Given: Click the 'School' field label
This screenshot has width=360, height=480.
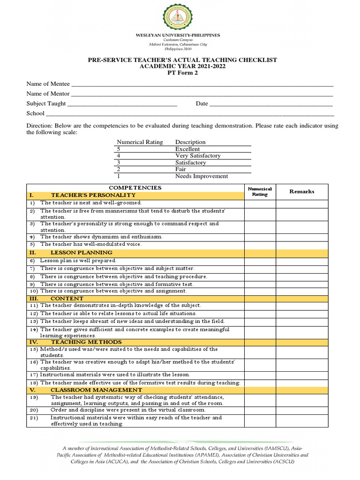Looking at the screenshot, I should click(35, 113).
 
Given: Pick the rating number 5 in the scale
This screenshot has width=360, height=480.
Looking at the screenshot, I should click(119, 149).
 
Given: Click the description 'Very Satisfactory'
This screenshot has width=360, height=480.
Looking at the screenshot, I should click(198, 156).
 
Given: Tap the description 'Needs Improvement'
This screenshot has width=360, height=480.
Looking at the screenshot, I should click(202, 176).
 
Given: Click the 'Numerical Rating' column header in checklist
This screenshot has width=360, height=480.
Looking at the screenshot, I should click(259, 191).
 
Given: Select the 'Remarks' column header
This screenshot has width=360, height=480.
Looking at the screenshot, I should click(302, 191).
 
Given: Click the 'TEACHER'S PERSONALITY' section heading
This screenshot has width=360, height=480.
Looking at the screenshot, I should click(93, 195).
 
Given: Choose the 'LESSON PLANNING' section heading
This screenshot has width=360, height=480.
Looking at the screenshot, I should click(81, 252).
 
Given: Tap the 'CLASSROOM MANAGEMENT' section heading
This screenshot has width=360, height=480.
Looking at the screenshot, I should click(96, 390).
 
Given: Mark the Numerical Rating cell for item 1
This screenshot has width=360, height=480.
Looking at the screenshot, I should click(259, 203).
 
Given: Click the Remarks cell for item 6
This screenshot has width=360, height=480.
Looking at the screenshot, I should click(302, 261).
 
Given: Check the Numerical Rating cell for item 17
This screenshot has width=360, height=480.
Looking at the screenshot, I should click(259, 375).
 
